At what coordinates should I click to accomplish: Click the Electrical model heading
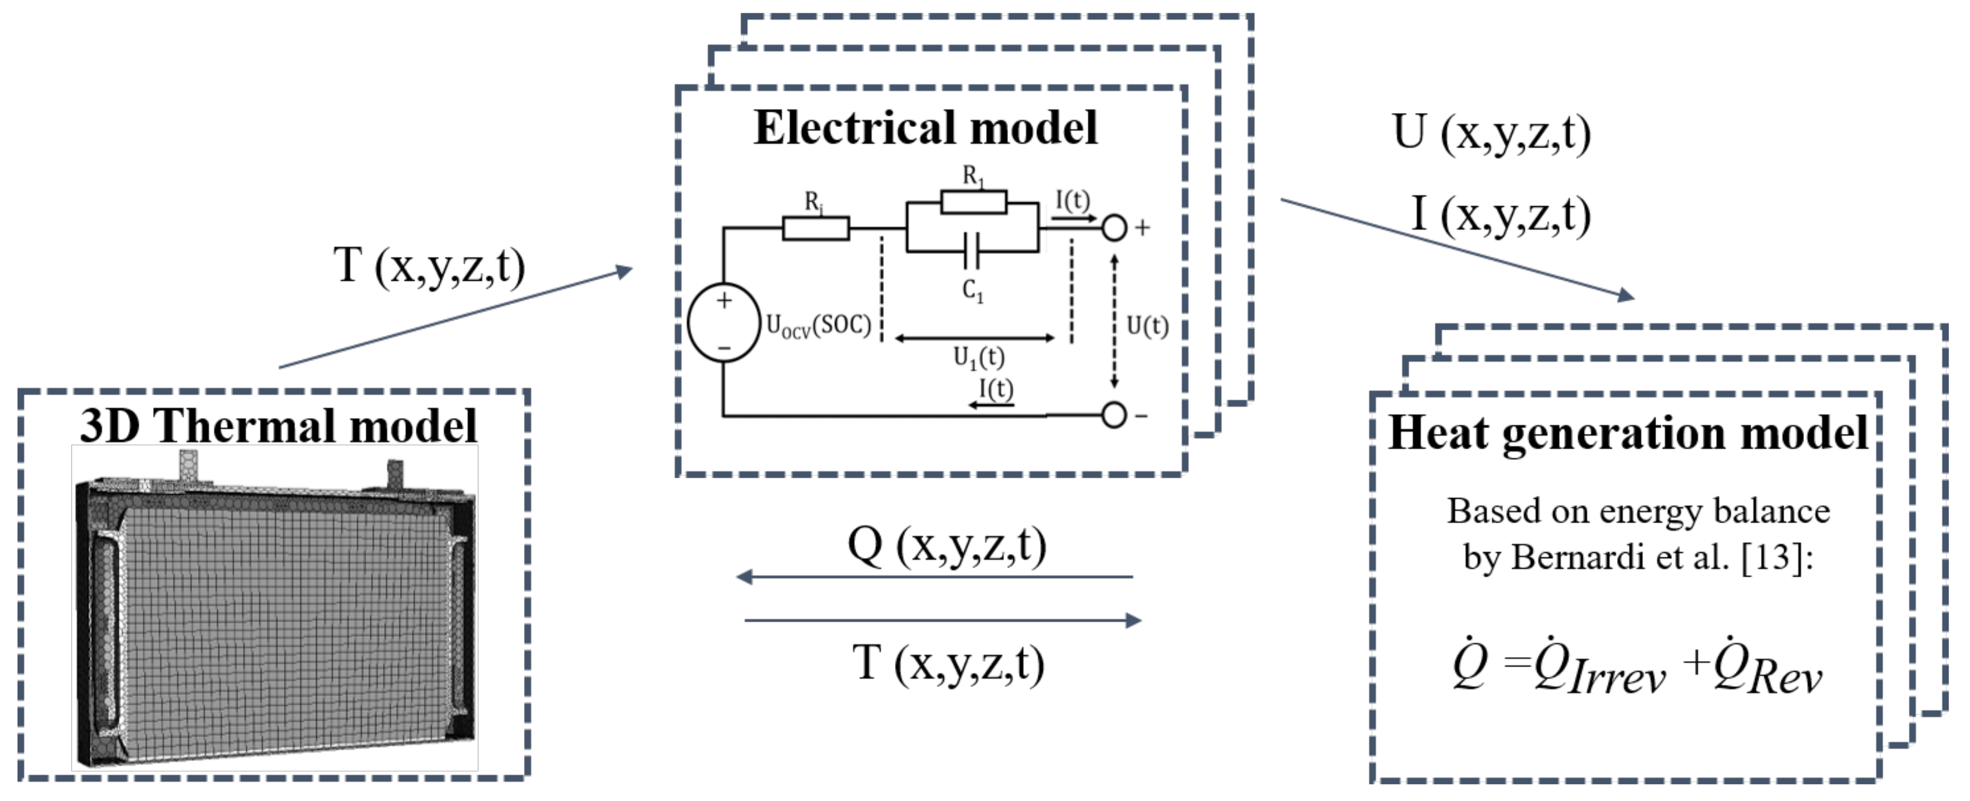coord(925,127)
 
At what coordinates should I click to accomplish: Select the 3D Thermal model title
coord(278,425)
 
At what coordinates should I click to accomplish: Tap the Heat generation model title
coord(1628,433)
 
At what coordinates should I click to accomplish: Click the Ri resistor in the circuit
coord(815,228)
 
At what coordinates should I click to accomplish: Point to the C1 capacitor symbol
coord(971,251)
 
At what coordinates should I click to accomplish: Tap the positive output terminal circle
coord(1114,227)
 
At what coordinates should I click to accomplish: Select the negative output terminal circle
coord(1114,415)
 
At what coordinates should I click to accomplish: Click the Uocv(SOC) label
coord(818,326)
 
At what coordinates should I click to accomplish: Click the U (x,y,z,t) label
coord(1492,133)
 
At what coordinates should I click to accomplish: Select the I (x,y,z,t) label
coord(1501,214)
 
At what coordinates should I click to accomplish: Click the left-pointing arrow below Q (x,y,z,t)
coord(934,577)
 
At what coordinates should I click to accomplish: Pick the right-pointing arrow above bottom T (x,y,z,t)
coord(943,620)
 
